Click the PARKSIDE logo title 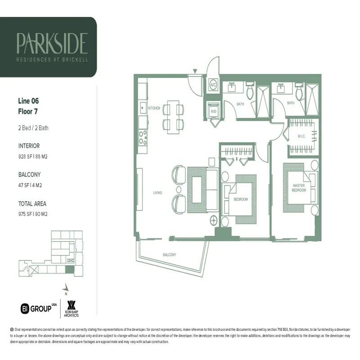pyautogui.click(x=52, y=43)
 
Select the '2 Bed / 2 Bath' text pyautogui.click(x=33, y=128)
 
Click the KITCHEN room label pyautogui.click(x=154, y=108)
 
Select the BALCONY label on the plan pyautogui.click(x=169, y=255)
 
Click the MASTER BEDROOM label pyautogui.click(x=299, y=188)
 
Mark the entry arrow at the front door pyautogui.click(x=195, y=71)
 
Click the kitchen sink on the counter pyautogui.click(x=142, y=108)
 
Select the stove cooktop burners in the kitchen pyautogui.click(x=143, y=137)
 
